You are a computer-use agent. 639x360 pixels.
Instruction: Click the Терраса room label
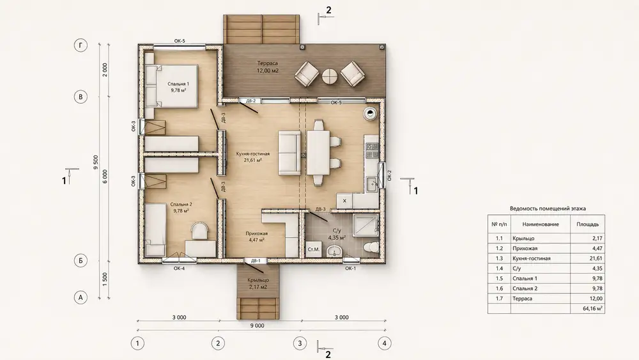tap(268, 63)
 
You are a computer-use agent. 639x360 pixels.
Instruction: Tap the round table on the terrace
tap(330, 76)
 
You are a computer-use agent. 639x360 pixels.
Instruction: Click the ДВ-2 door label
tap(250, 100)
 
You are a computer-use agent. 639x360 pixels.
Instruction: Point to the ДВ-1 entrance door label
tap(256, 261)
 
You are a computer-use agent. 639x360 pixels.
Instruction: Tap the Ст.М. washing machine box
tap(314, 249)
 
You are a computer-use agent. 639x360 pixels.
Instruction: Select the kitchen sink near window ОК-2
tap(372, 184)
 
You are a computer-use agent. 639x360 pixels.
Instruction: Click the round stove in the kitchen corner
tap(371, 114)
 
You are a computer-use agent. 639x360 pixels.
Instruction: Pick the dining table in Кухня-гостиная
tap(318, 152)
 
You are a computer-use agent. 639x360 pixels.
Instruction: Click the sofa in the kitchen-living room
tap(289, 153)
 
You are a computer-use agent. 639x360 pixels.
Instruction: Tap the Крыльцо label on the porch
tap(258, 280)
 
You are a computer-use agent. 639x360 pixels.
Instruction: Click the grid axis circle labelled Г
tap(81, 45)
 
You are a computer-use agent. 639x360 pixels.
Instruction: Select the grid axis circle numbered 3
tap(300, 343)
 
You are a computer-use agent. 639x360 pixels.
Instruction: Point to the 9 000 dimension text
tap(257, 325)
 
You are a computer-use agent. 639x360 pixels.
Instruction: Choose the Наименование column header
tap(541, 224)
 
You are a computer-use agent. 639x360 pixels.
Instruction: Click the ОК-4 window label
tap(180, 269)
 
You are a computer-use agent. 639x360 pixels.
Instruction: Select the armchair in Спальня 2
tap(199, 231)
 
